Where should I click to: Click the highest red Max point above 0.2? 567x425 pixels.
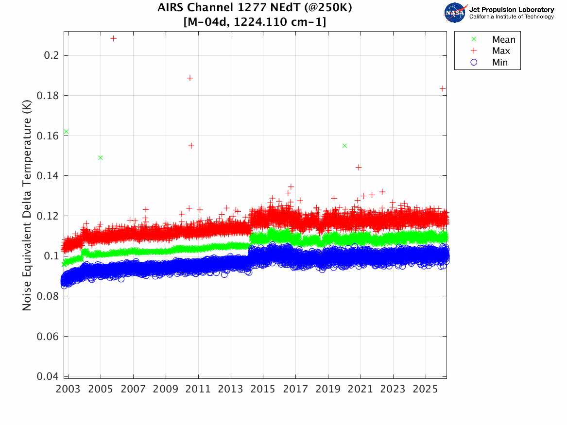point(114,38)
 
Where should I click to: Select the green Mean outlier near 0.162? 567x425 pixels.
point(66,132)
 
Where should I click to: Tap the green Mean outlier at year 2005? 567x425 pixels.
point(101,157)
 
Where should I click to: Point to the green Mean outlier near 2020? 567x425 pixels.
point(344,146)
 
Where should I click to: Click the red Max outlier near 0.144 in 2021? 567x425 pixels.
point(359,167)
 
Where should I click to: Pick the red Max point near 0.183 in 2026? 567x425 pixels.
point(443,88)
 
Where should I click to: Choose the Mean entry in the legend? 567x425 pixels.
point(503,40)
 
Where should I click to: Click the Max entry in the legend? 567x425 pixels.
point(500,51)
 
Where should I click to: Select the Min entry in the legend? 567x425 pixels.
point(499,63)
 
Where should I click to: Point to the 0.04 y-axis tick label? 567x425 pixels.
point(49,376)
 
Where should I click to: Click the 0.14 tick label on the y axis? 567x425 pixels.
point(49,176)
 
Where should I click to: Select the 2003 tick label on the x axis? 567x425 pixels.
point(69,389)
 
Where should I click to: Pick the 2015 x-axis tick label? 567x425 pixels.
point(263,389)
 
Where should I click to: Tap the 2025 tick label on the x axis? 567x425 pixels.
point(426,389)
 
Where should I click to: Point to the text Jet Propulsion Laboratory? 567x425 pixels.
point(511,10)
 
